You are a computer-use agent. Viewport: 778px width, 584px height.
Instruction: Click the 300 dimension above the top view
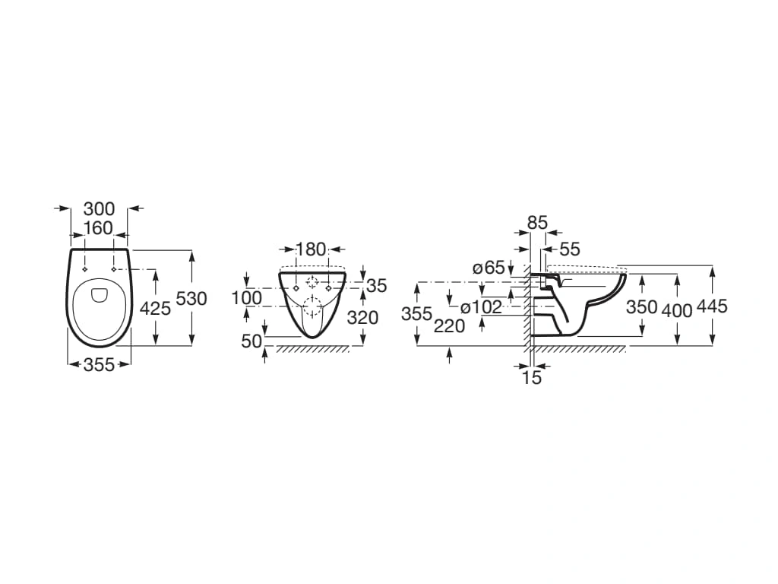[100, 209]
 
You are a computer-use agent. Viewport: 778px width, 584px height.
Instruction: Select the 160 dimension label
[98, 228]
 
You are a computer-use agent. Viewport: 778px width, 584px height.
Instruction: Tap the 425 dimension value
[155, 309]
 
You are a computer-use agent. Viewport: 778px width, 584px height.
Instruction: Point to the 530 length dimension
[191, 299]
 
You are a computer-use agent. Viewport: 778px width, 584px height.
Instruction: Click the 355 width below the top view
[100, 365]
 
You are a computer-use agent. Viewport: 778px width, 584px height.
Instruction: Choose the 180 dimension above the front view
[311, 249]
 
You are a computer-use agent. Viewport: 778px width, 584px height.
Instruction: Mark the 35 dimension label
[377, 286]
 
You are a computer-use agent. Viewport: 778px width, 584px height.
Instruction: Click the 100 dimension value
[247, 298]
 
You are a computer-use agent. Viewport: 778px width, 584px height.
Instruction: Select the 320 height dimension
[362, 317]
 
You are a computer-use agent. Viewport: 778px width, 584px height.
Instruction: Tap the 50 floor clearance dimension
[251, 341]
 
